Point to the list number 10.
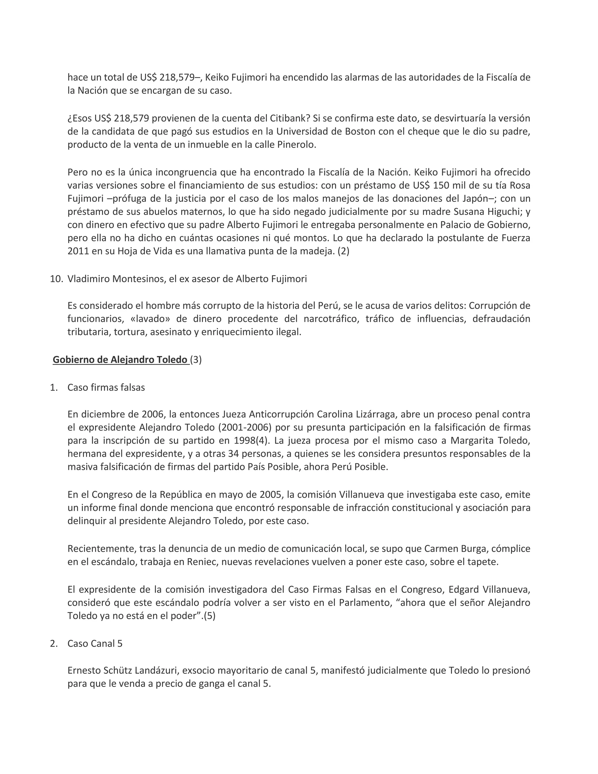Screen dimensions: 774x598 [56, 279]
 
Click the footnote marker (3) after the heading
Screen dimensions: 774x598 [196, 360]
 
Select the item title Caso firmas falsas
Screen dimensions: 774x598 [106, 387]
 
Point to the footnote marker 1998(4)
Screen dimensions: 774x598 [252, 440]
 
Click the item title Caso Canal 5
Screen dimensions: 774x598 [95, 643]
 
